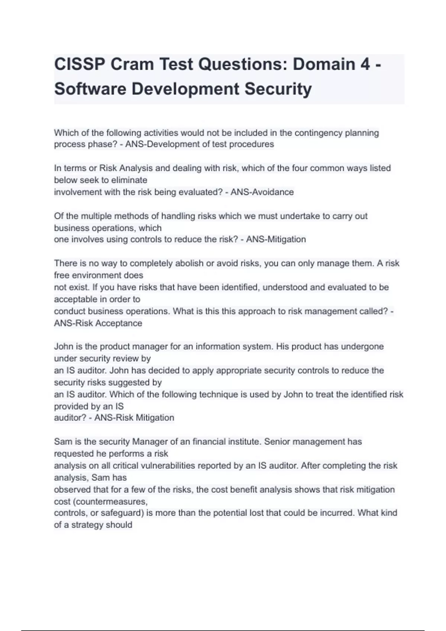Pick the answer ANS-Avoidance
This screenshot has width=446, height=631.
click(x=262, y=192)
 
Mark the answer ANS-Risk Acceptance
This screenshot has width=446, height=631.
click(x=98, y=323)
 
